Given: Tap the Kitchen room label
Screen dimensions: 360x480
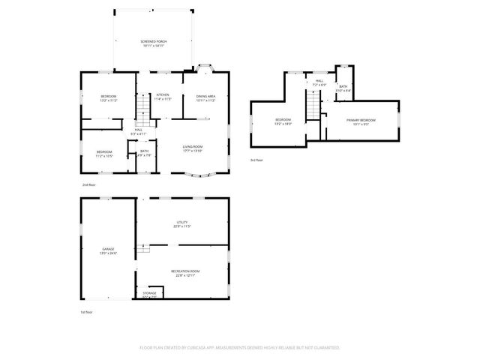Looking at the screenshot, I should [163, 96].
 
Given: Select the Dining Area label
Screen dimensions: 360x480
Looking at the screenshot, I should [205, 97].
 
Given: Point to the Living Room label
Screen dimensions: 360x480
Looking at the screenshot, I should [193, 148].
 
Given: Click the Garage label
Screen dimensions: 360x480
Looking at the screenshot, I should [108, 250].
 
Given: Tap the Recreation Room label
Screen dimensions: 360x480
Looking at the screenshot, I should [184, 272].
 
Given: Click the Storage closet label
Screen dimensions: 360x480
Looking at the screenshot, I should [150, 294].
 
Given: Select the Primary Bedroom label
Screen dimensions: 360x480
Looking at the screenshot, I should [361, 121].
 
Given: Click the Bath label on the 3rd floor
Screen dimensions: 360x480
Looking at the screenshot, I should [343, 88].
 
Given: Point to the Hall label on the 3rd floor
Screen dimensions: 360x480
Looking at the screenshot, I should [319, 82].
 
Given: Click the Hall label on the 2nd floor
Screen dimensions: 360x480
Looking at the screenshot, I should [139, 131].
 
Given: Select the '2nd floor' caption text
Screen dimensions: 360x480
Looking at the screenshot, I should [89, 184].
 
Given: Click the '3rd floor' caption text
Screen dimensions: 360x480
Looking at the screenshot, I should [258, 160].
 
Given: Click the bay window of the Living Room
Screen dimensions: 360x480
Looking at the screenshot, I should [199, 176].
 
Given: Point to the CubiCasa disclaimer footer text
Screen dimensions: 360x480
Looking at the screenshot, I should [240, 348].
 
